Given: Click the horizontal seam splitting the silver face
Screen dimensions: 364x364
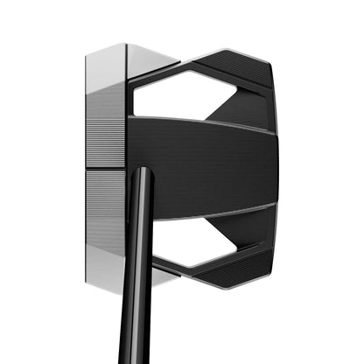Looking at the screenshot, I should (106, 167).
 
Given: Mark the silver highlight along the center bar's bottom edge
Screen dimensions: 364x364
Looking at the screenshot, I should (201, 213).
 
